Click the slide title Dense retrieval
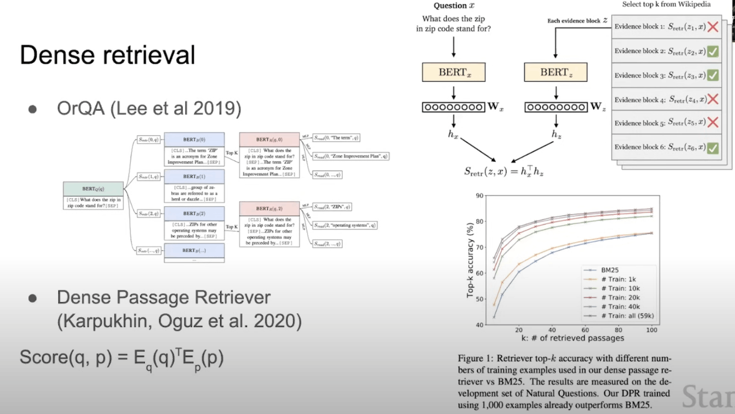(x=107, y=55)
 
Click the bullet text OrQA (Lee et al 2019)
(x=149, y=109)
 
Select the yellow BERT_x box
(x=454, y=72)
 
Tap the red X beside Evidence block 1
(x=712, y=27)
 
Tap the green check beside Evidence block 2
(x=712, y=51)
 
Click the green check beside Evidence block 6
(x=712, y=148)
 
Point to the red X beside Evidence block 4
(x=712, y=99)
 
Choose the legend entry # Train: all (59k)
(x=619, y=315)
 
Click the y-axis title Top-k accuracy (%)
(x=470, y=259)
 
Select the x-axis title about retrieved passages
(x=574, y=338)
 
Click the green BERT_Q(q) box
(x=93, y=188)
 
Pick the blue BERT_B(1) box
(x=194, y=176)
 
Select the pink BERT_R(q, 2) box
(x=269, y=208)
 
